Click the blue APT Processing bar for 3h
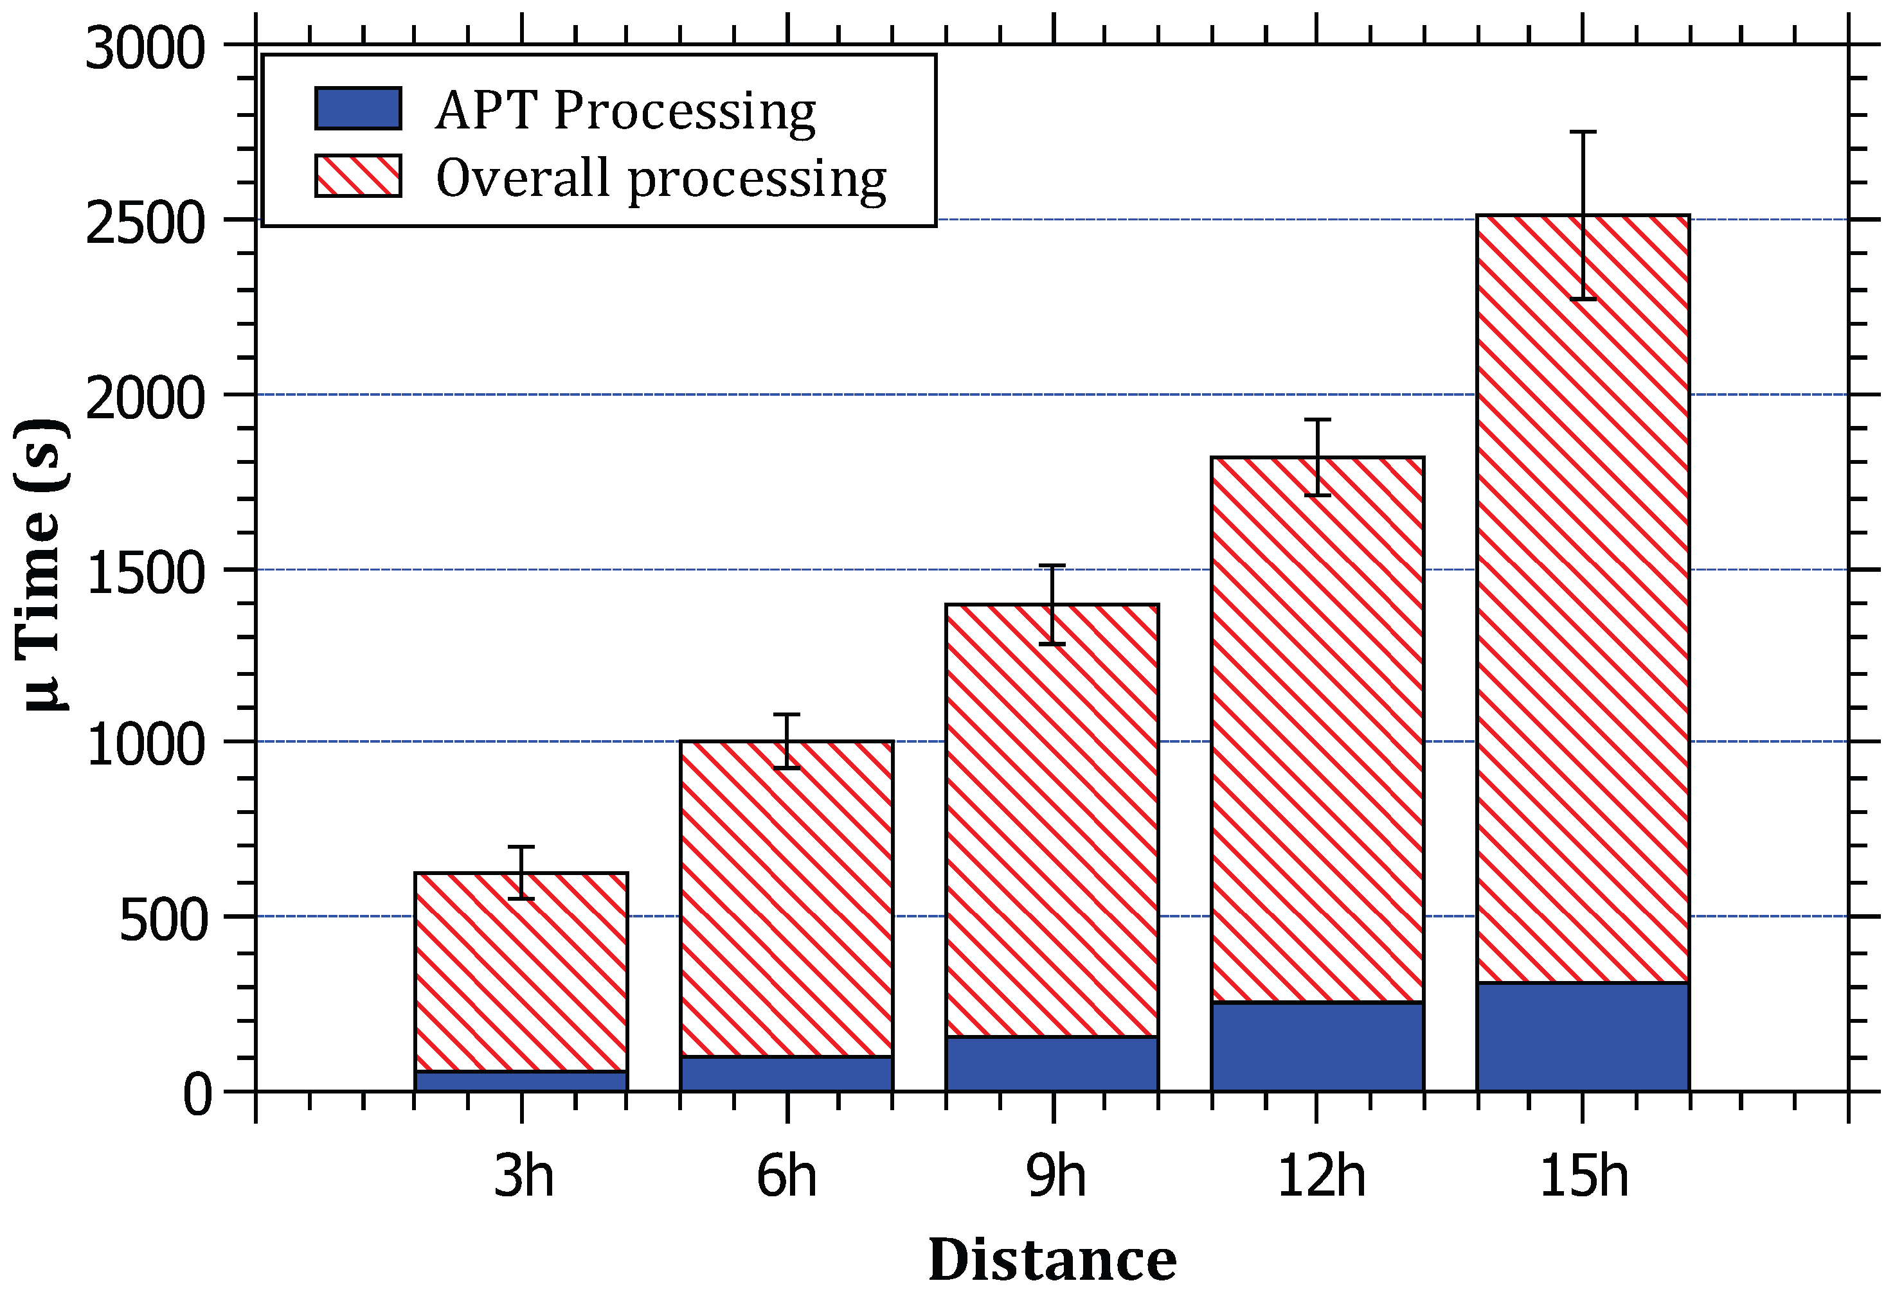(521, 1081)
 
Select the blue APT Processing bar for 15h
(1583, 1037)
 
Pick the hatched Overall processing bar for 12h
(1318, 730)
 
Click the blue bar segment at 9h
(1052, 1064)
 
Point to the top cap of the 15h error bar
(1583, 131)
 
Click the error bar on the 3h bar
(521, 872)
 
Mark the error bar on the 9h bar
(1052, 604)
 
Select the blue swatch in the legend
(358, 109)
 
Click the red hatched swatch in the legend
(358, 176)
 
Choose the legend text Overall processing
(660, 179)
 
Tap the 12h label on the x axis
(1320, 1177)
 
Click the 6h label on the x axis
(786, 1177)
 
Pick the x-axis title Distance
(1052, 1259)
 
